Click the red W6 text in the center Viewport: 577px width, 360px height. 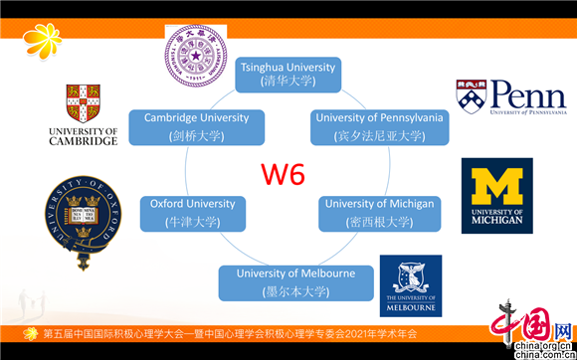282,176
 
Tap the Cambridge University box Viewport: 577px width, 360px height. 196,126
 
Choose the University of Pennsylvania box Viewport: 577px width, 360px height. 379,126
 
